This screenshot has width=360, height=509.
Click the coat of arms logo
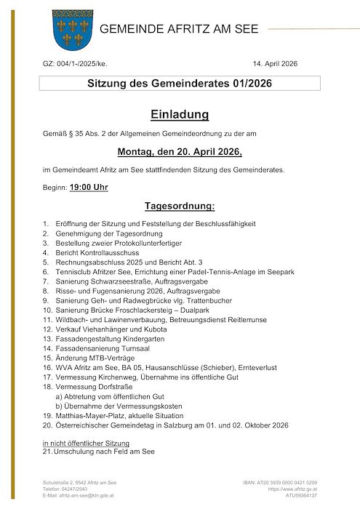(70, 31)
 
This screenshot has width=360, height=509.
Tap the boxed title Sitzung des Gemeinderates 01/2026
(180, 84)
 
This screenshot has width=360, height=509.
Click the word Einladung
(180, 115)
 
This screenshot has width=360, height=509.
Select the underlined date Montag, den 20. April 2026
(180, 152)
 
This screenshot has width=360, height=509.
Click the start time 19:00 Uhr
(89, 188)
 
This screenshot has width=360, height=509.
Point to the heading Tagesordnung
(180, 206)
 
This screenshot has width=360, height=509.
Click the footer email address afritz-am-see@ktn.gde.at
(86, 495)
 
